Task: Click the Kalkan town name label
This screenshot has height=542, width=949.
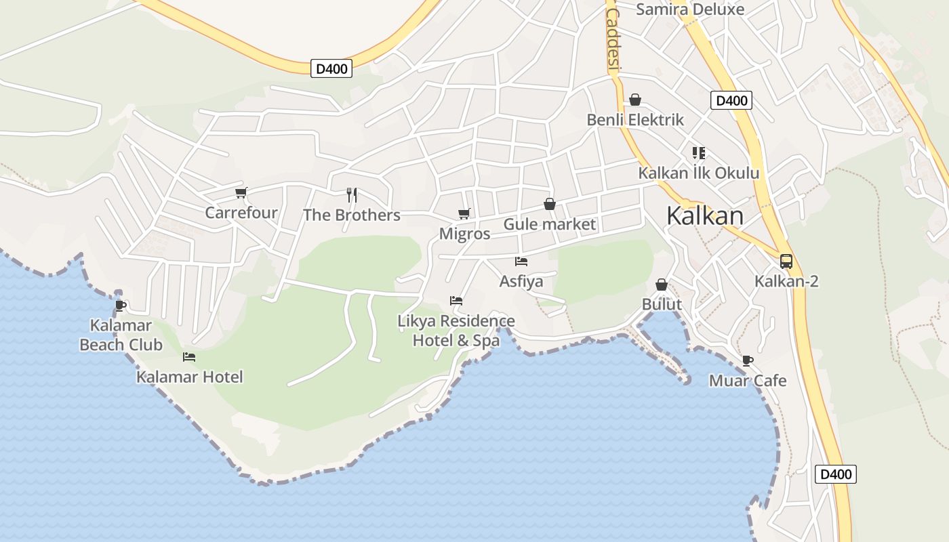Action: point(704,215)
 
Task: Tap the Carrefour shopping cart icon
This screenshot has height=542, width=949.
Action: point(241,193)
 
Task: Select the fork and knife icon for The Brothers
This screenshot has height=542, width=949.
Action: point(352,195)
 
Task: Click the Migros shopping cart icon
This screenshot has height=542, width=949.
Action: point(464,214)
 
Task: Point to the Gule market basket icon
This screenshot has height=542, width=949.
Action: point(550,204)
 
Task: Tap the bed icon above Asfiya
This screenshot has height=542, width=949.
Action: point(521,261)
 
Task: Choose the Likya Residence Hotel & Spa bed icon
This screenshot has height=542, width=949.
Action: point(456,301)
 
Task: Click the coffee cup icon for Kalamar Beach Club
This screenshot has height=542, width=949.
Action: point(121,306)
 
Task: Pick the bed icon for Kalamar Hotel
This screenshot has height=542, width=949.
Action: point(189,357)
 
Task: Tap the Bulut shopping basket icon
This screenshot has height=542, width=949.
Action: point(662,285)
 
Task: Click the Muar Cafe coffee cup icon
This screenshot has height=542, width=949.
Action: point(748,360)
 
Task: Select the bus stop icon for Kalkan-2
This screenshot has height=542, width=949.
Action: point(786,261)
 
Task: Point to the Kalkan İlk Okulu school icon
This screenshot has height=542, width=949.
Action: point(699,153)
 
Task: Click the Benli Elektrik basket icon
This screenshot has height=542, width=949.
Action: point(635,100)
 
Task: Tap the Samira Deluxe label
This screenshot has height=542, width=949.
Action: point(690,9)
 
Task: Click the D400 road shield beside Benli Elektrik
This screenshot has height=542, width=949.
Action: point(731,101)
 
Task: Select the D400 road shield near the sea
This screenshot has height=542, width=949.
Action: point(835,474)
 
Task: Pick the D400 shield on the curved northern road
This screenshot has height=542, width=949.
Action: point(331,68)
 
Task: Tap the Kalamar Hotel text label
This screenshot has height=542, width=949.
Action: point(189,377)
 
